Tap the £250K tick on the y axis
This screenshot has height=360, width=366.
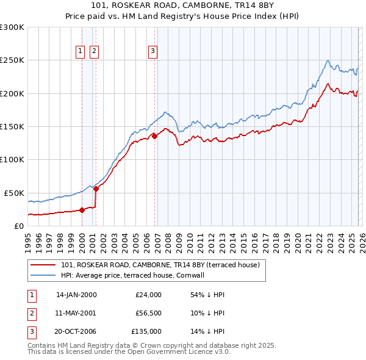[12, 60]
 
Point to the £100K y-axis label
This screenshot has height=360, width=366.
[12, 159]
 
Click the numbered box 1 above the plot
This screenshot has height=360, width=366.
[81, 52]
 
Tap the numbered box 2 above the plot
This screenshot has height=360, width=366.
[94, 52]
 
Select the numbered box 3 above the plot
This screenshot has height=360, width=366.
[152, 52]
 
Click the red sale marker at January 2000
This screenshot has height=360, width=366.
[82, 210]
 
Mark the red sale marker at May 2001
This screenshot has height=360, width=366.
[96, 189]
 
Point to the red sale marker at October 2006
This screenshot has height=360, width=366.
[154, 137]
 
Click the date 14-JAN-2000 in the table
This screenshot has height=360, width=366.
[76, 295]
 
